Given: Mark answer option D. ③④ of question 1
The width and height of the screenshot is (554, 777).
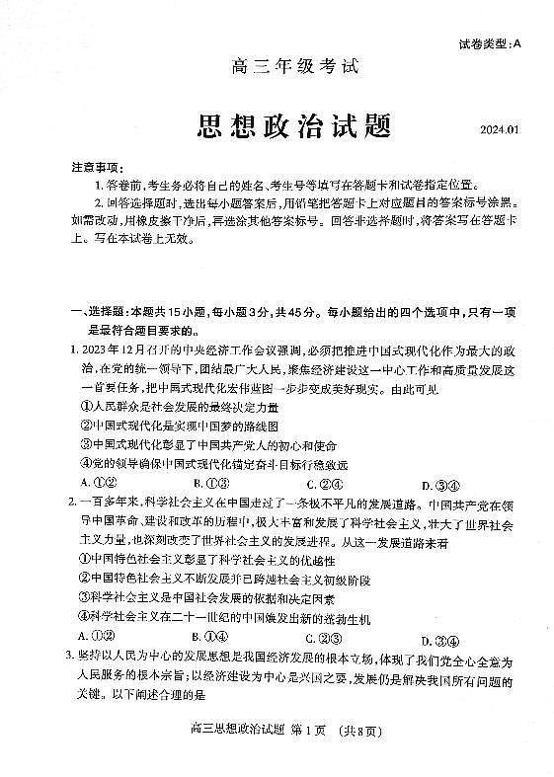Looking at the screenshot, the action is click(x=439, y=485).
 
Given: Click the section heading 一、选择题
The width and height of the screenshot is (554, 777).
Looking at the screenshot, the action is click(x=93, y=312).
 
